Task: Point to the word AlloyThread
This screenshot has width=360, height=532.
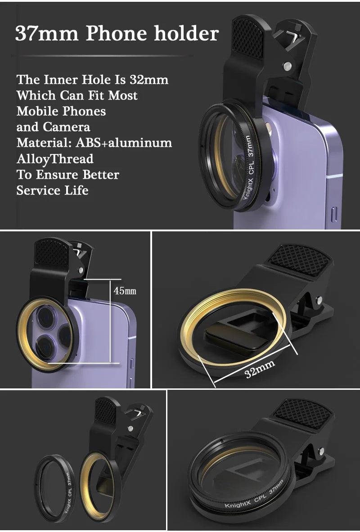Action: click(55, 159)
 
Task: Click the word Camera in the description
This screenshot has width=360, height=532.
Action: click(67, 127)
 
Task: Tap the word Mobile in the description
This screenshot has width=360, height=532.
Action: click(37, 111)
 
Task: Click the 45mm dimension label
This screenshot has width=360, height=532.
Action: click(125, 291)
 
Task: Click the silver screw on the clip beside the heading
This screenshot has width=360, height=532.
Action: click(287, 67)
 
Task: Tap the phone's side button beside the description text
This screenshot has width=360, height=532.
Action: click(333, 213)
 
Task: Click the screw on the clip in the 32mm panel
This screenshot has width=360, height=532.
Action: click(319, 300)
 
